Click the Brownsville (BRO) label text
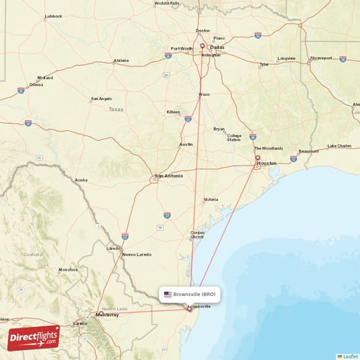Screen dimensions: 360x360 click(194, 294)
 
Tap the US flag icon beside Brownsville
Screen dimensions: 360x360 click(168, 294)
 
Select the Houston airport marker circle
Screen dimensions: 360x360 click(258, 158)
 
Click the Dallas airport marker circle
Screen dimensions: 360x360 click(202, 48)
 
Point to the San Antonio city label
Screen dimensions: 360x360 click(168, 175)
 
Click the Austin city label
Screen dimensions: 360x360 click(186, 144)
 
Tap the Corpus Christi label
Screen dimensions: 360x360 click(197, 235)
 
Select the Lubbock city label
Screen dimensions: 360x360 click(53, 15)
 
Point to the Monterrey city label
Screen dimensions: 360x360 click(106, 315)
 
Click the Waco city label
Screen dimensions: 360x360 click(204, 94)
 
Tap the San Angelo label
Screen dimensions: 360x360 click(101, 98)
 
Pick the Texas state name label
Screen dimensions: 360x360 click(115, 109)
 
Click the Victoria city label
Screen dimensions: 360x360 click(210, 199)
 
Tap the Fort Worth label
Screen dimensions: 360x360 click(181, 49)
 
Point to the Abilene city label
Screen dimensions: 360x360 click(121, 60)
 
